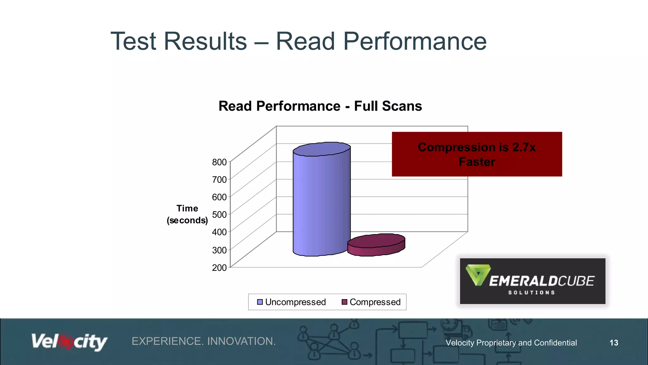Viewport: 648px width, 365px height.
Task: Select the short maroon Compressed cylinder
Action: tap(376, 245)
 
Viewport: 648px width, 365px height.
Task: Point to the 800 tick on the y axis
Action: tap(219, 162)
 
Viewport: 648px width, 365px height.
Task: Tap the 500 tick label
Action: tap(219, 215)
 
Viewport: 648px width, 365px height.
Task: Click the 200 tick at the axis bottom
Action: tap(219, 268)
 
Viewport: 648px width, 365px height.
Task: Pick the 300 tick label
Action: tap(219, 250)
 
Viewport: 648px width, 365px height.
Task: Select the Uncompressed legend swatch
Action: tap(260, 302)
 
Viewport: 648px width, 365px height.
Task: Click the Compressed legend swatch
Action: tap(345, 302)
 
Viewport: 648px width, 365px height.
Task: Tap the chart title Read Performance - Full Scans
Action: tap(320, 106)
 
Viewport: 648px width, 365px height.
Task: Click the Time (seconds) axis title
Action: tap(187, 215)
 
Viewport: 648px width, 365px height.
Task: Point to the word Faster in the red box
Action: tap(477, 162)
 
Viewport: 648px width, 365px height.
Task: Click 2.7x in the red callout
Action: tap(524, 147)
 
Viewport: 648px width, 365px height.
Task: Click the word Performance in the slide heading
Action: tap(414, 41)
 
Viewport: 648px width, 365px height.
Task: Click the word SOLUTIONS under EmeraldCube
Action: tap(532, 292)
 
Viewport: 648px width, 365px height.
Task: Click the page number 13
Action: tap(614, 343)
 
